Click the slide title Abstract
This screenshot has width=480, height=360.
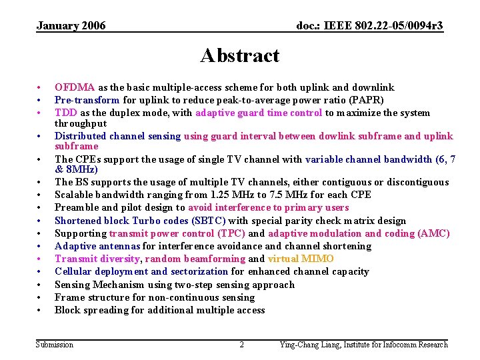point(239,55)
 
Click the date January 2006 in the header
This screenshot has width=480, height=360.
point(71,26)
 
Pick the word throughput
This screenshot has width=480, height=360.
point(80,123)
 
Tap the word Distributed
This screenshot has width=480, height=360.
point(83,136)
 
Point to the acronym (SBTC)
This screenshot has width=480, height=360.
point(209,221)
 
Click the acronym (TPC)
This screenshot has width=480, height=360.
point(233,233)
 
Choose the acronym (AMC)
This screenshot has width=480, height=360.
point(433,233)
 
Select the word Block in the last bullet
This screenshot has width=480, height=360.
point(67,310)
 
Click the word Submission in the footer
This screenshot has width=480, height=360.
point(55,345)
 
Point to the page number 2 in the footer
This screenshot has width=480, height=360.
point(241,345)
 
